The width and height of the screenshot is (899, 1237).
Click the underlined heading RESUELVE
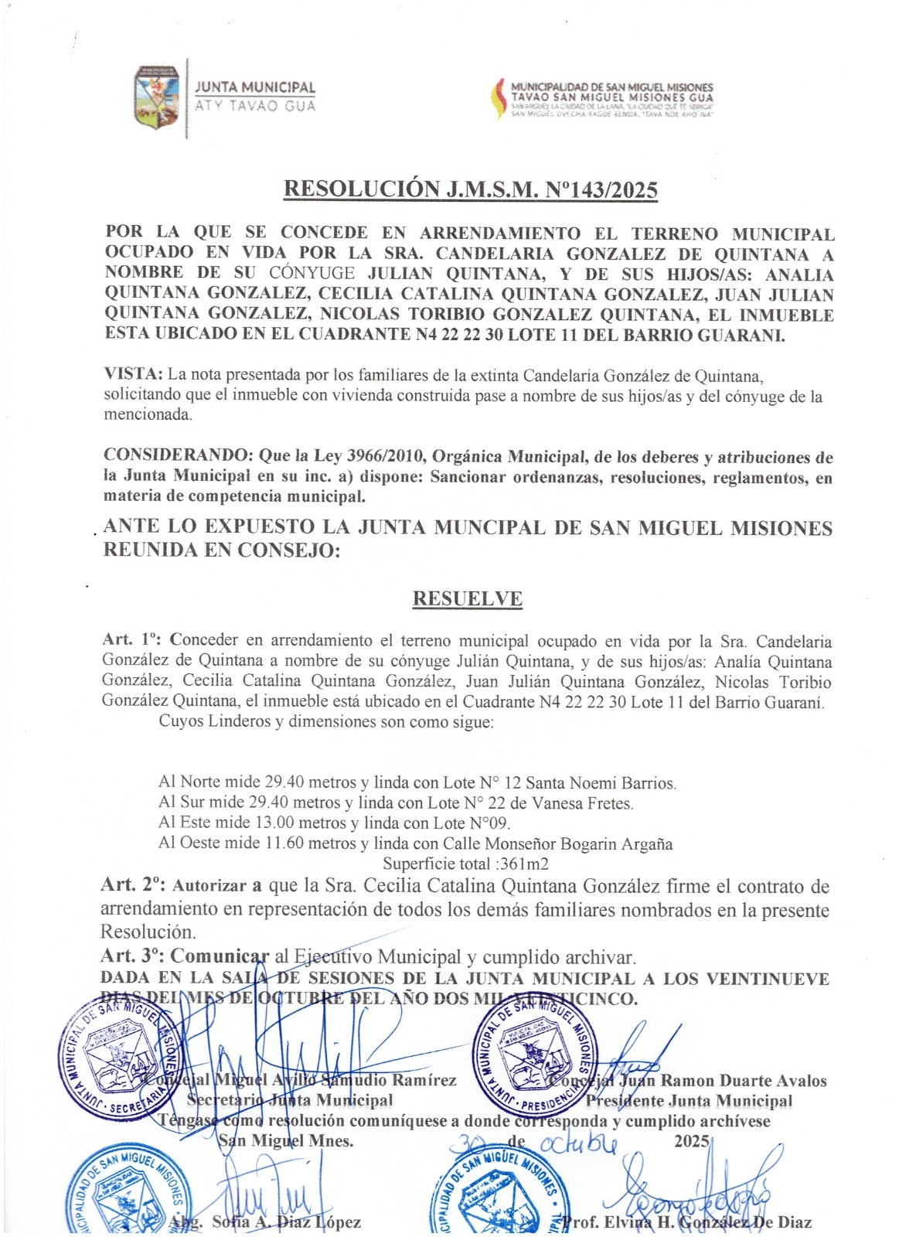point(467,598)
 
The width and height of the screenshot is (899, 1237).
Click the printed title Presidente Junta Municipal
point(689,1101)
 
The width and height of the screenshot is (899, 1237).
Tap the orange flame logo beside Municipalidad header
point(499,98)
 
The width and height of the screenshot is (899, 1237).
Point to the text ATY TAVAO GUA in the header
point(255,106)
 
